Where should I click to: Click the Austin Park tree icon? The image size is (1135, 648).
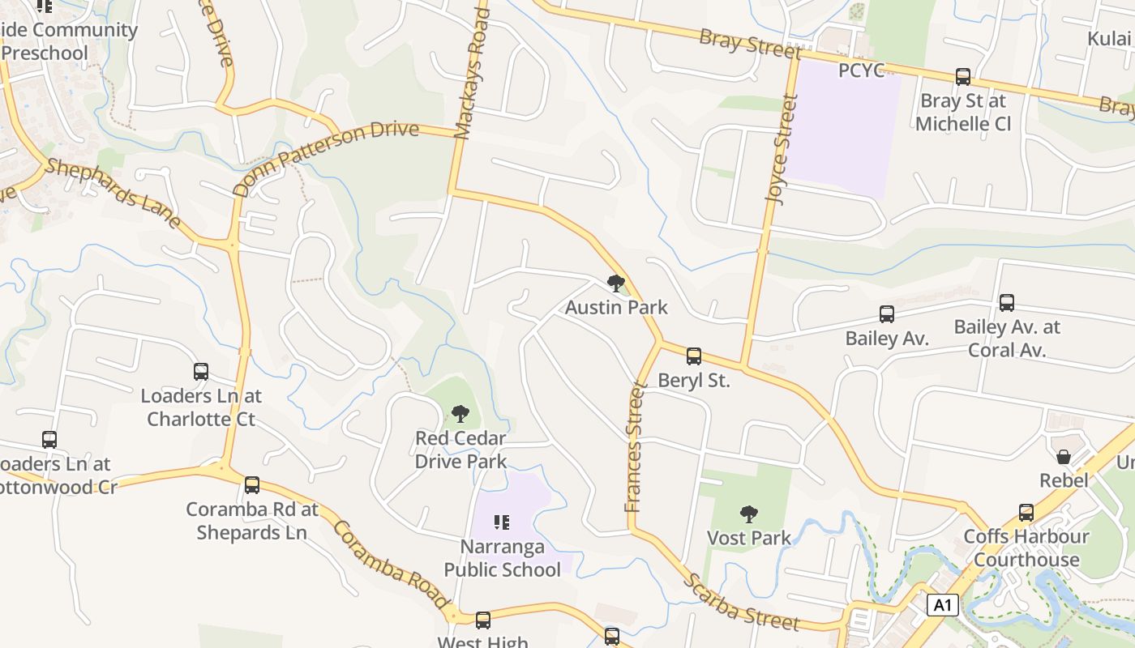616,283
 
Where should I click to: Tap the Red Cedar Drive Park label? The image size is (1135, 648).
460,450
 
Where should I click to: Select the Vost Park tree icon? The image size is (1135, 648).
749,514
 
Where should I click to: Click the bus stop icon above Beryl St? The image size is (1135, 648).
694,356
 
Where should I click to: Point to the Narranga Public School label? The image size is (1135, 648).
502,558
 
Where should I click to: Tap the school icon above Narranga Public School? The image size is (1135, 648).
502,522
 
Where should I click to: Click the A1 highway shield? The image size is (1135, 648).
941,604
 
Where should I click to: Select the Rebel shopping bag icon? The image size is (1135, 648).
1064,458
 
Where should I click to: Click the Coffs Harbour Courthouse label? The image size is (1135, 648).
1026,548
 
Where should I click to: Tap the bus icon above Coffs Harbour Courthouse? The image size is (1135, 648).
1026,513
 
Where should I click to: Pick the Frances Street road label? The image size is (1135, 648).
634,447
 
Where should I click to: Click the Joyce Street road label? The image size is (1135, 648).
782,150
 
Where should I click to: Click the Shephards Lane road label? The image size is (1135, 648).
113,192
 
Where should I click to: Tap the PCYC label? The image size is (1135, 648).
861,70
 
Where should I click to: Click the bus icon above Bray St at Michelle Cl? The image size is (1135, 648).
963,77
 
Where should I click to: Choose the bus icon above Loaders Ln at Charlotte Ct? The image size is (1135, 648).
201,372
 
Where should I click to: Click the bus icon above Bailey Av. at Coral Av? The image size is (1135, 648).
1007,303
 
